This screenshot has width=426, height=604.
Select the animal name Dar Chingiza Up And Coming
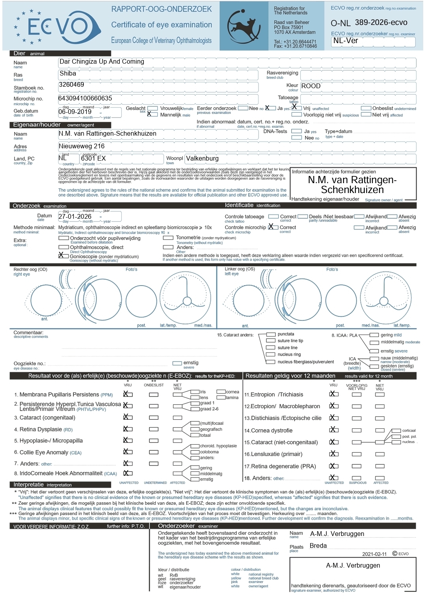click(x=102, y=62)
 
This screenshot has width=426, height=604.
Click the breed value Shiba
click(x=68, y=74)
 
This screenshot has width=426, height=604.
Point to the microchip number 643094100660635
click(x=85, y=98)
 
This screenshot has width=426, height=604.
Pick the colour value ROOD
click(x=311, y=86)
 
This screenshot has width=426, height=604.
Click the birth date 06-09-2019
click(x=75, y=112)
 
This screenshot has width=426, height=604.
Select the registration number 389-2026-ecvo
click(x=381, y=23)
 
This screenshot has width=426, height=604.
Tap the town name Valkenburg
click(x=202, y=159)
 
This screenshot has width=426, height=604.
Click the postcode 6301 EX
click(x=93, y=159)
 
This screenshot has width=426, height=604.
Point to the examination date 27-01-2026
click(x=75, y=217)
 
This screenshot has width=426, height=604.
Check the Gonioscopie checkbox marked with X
click(x=62, y=256)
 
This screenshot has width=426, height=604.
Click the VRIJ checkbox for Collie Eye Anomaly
click(x=127, y=452)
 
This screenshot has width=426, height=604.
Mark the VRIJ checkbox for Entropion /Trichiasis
click(x=334, y=394)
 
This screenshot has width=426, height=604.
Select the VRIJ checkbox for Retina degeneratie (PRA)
click(x=334, y=466)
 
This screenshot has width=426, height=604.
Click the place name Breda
click(x=318, y=546)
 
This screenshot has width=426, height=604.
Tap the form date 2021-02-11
click(x=374, y=554)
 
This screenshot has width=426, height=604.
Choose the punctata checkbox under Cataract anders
click(x=271, y=335)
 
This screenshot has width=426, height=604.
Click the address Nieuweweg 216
click(x=82, y=146)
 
